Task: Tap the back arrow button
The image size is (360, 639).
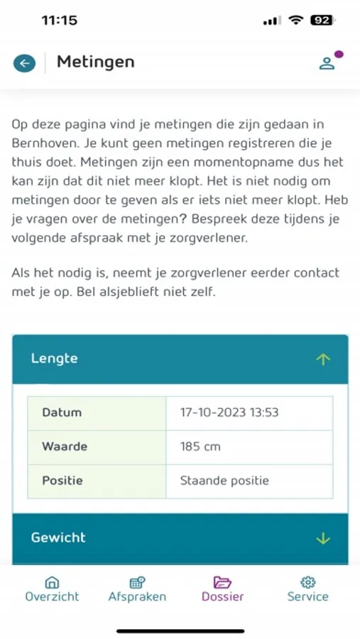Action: pyautogui.click(x=24, y=63)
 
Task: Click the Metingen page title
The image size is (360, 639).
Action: pyautogui.click(x=95, y=62)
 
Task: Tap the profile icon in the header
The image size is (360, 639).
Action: pyautogui.click(x=327, y=62)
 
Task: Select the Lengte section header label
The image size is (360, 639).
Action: pyautogui.click(x=54, y=359)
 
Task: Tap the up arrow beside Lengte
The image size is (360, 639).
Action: pyautogui.click(x=323, y=359)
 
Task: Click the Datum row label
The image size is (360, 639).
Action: pyautogui.click(x=62, y=413)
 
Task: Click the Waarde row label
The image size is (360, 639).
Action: pyautogui.click(x=65, y=447)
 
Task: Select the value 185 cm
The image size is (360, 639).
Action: pyautogui.click(x=200, y=447)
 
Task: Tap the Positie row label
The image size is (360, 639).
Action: pyautogui.click(x=62, y=481)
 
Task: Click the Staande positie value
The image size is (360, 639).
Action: pyautogui.click(x=224, y=481)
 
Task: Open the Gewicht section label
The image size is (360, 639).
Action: pyautogui.click(x=58, y=537)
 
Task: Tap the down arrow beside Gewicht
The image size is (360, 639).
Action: pyautogui.click(x=323, y=538)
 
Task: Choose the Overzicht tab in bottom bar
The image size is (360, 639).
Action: pyautogui.click(x=52, y=589)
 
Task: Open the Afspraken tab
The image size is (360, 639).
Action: pyautogui.click(x=137, y=589)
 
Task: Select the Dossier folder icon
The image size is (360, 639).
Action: pyautogui.click(x=222, y=582)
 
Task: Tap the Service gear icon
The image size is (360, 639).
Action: pyautogui.click(x=308, y=582)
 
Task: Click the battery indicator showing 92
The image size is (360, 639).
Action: pyautogui.click(x=322, y=21)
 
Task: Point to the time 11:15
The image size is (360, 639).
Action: pyautogui.click(x=60, y=21)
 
